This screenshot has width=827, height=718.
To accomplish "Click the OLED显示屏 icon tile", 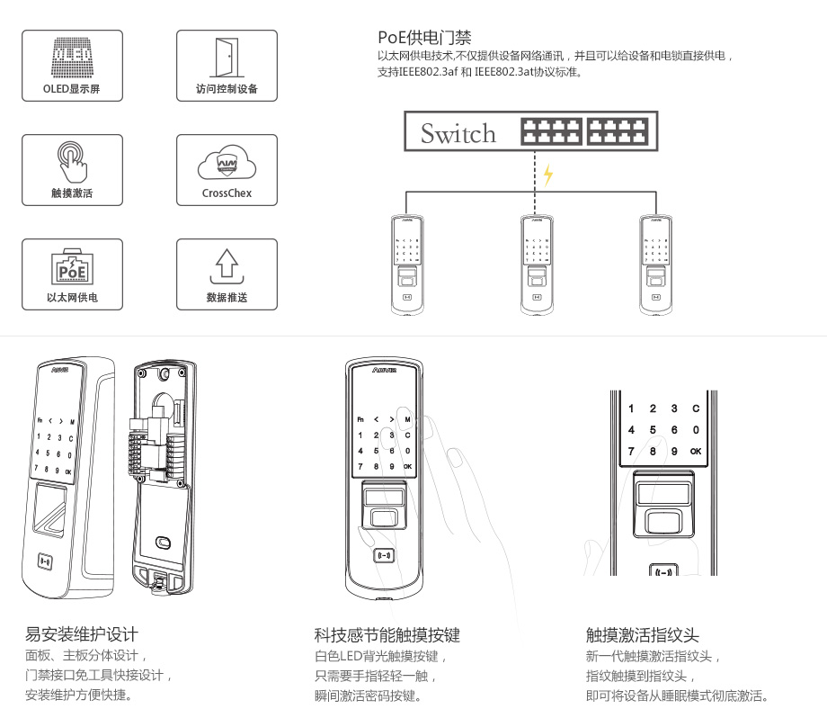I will pos(72,65).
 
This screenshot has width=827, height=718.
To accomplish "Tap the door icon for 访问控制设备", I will pos(227,56).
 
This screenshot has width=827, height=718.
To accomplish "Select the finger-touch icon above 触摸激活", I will pos(72,160).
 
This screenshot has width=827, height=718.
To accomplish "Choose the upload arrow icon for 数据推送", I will pos(227,265).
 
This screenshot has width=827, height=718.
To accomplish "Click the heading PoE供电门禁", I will pos(424,38).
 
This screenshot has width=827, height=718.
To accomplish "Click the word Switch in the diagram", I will pos(458,134).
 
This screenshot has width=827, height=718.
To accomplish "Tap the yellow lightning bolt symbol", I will pos(547,175).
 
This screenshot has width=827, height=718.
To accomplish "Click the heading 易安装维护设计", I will pos(81,634).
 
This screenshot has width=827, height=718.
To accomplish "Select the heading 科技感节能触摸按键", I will pos(387,635).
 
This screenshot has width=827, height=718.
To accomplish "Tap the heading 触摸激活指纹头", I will pos(642,635).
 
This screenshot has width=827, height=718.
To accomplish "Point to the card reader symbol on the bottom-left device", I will pos(45,561).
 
